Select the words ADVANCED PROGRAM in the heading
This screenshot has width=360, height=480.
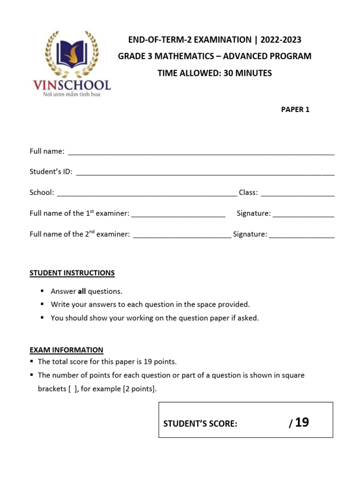click(267, 56)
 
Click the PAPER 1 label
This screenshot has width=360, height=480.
click(295, 110)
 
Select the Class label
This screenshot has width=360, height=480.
click(247, 192)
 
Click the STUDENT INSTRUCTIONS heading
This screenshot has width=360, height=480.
click(72, 273)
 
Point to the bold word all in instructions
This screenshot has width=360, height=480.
click(82, 291)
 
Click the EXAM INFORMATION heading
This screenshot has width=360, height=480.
click(66, 350)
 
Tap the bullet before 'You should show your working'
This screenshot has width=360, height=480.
click(42, 318)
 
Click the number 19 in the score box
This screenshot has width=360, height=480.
click(302, 422)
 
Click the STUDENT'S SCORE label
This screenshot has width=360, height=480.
click(200, 424)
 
